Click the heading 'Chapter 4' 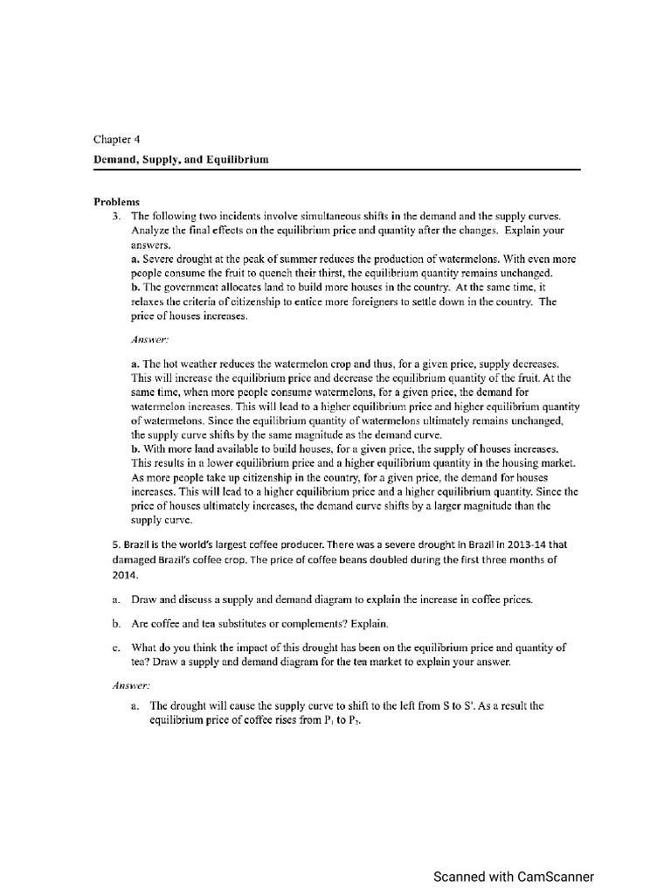click(x=116, y=139)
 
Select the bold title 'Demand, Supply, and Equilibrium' click(x=181, y=159)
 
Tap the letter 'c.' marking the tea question click(x=115, y=648)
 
